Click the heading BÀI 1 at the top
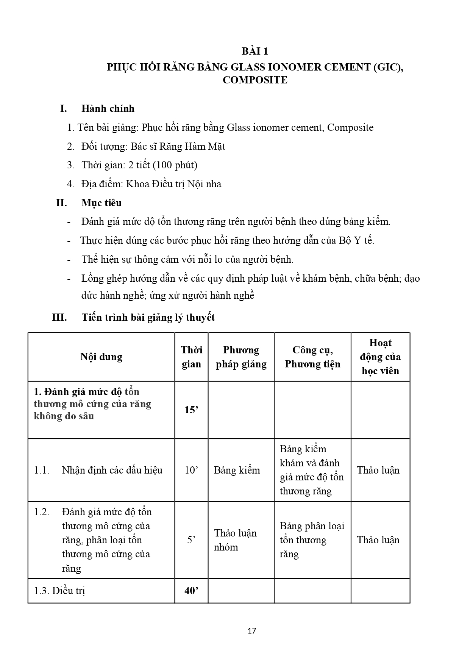255,51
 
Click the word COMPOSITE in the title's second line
255,80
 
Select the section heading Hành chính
108,108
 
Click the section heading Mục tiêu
101,203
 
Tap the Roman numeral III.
59,317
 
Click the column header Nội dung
101,357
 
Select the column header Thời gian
191,357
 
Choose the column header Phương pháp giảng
241,357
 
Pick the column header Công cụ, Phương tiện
312,357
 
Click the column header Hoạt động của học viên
380,357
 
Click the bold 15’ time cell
191,410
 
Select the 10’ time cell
191,470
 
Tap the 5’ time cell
191,540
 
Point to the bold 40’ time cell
191,590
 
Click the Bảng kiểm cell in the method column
237,470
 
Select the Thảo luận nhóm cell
235,540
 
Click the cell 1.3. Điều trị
59,591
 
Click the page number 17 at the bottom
251,631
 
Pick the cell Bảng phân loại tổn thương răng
312,540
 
